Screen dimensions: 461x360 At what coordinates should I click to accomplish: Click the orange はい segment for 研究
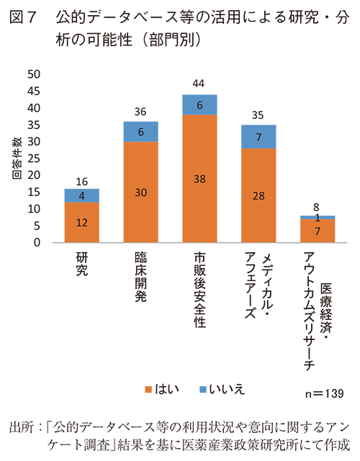pos(82,223)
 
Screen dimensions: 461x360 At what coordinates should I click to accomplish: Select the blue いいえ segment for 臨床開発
pos(140,132)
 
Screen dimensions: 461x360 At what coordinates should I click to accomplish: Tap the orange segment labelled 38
pos(199,179)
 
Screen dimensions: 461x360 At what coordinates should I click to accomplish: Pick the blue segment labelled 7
pos(258,136)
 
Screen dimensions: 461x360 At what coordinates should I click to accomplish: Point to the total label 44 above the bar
pos(199,84)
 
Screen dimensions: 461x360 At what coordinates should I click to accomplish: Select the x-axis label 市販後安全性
pos(199,289)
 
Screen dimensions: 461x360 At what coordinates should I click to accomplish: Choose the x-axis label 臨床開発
pos(140,277)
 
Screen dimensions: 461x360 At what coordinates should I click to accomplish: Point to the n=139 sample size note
pos(325,394)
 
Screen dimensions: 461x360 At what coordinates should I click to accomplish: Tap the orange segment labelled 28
pos(258,196)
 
